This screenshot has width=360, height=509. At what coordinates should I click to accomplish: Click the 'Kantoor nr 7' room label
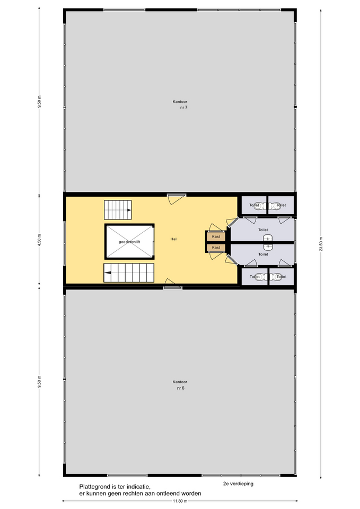(180, 104)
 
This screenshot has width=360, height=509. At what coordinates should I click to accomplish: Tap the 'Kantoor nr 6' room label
(180, 385)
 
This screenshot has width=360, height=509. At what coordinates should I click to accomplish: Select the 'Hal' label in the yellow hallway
(174, 239)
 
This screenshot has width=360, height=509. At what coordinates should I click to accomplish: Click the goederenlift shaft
(129, 242)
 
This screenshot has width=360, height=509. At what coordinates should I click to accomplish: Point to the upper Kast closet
(216, 236)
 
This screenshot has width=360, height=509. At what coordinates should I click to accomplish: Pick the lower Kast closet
(216, 248)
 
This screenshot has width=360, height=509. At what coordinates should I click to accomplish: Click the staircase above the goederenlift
(118, 210)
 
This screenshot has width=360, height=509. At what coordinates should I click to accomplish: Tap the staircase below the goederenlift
(129, 273)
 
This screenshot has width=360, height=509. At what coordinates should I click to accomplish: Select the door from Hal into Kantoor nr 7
(177, 199)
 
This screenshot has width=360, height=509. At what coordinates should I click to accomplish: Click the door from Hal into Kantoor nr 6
(173, 283)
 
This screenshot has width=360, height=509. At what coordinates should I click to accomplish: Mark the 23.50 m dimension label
(321, 244)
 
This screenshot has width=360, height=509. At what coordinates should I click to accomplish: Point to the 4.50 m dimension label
(40, 241)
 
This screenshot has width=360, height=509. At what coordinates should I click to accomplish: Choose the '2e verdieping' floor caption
(238, 484)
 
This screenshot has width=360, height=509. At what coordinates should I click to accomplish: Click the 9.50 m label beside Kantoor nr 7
(40, 101)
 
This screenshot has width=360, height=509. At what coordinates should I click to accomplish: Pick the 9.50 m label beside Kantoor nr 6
(40, 382)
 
